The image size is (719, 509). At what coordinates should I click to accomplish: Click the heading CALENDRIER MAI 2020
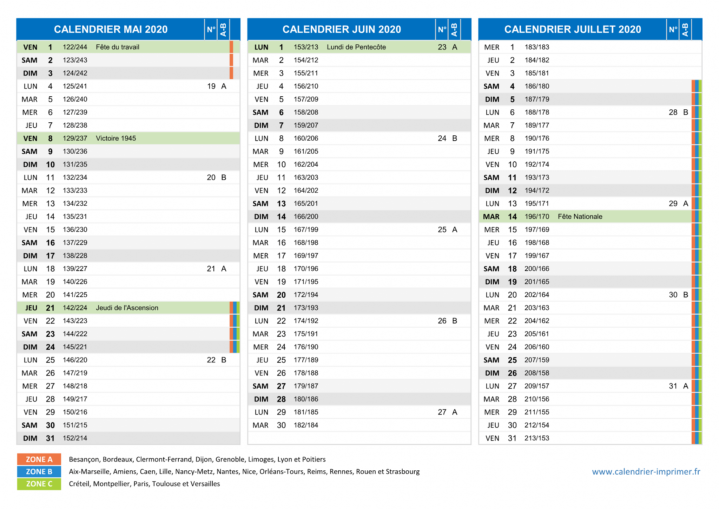coord(111,29)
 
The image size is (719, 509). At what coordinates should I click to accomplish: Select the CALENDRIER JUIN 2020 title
coord(342,29)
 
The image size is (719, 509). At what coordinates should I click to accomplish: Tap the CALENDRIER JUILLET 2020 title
coord(573,29)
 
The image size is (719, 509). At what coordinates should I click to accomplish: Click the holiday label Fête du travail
coord(118,47)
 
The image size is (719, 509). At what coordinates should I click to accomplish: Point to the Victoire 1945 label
coord(116,138)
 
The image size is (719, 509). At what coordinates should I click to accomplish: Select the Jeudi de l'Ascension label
coord(127,308)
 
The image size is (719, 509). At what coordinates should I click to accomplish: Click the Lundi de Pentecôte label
coord(356,47)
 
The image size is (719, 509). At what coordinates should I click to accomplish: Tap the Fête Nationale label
coord(580,217)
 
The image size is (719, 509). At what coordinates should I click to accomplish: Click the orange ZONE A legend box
coord(39,459)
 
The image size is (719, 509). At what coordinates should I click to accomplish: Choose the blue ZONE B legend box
coord(39,472)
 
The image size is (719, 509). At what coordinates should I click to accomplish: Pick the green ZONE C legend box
coord(39,484)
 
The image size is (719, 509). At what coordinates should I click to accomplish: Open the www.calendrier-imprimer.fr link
coord(646,472)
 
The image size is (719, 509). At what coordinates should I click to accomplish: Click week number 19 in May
coord(211,86)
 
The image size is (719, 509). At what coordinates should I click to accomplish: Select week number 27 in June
coord(442,412)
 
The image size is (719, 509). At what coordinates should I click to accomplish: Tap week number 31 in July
coord(673,386)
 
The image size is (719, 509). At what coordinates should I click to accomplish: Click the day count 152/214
coord(75,438)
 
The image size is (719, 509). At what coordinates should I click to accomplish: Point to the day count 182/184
coord(306,425)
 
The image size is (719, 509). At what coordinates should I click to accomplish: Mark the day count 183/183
coord(537,47)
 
